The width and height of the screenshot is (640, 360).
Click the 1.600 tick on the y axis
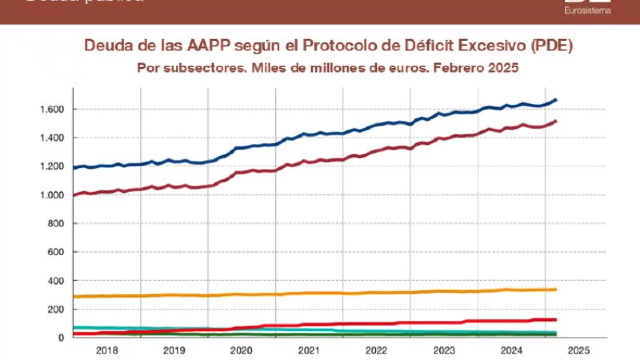52,109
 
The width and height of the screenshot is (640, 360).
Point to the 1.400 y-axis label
52,138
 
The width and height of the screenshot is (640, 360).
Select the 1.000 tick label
52,195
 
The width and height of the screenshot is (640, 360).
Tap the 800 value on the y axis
56,224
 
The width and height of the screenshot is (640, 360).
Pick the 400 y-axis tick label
56,281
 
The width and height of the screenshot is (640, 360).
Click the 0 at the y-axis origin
61,338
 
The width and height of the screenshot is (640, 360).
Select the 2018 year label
107,351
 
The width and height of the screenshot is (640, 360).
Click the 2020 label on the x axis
241,351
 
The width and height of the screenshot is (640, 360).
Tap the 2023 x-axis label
444,351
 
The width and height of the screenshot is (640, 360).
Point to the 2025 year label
578,351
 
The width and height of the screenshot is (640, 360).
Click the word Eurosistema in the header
587,11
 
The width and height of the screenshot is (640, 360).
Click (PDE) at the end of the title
552,46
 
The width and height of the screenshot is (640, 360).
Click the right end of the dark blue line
556,100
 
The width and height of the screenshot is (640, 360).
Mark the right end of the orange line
556,289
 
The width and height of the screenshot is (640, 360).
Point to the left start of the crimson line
74,195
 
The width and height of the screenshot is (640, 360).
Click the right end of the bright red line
556,320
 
